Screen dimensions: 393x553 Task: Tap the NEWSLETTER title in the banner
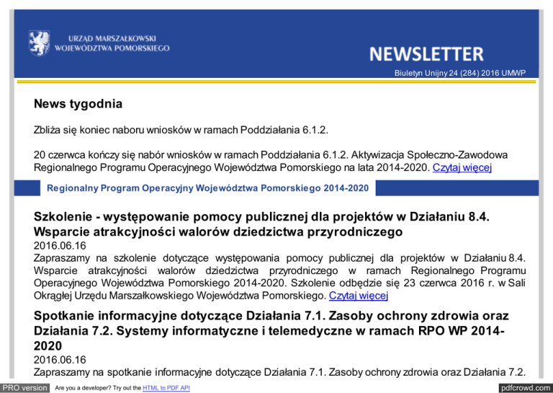point(426,53)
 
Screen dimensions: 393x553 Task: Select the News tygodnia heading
point(78,105)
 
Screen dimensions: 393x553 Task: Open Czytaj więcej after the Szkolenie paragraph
point(358,296)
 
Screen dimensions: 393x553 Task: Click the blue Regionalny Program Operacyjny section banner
point(208,188)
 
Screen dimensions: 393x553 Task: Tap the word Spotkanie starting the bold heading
point(70,318)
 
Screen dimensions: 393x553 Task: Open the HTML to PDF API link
point(165,388)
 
